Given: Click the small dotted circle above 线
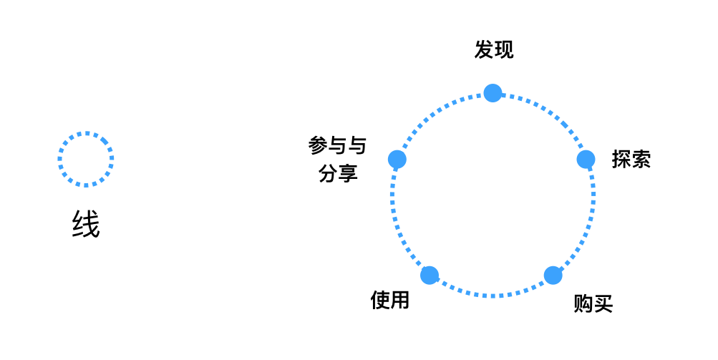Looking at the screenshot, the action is (86, 133).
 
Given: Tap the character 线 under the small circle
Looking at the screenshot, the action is (86, 225).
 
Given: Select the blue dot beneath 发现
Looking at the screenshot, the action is (493, 93).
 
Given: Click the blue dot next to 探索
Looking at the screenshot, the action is (586, 159).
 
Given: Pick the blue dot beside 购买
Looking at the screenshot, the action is (553, 276).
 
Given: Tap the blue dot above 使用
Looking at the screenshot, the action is (430, 275).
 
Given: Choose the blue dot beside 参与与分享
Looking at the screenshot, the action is (397, 159).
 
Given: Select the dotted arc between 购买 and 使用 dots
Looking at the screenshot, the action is (492, 295).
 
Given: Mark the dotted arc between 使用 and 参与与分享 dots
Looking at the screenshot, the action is (396, 222).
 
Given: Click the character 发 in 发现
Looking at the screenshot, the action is (484, 50).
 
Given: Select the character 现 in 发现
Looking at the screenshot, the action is (504, 50).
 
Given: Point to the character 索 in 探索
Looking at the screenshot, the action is (641, 159).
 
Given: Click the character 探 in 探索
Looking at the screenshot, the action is (621, 159).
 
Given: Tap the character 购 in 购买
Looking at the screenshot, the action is (583, 303).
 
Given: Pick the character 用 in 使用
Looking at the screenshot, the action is (400, 300).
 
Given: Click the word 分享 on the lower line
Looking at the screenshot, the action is (338, 172).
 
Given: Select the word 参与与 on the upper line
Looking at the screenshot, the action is (337, 146).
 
